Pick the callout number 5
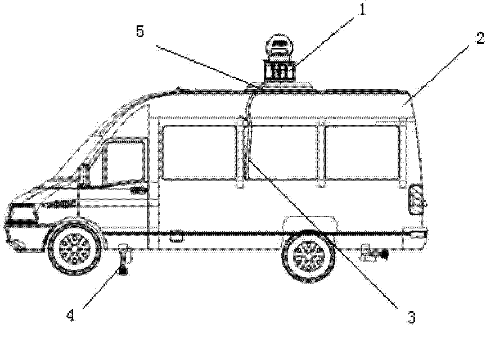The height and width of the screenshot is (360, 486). tap(139, 31)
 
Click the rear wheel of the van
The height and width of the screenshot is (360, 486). tap(308, 255)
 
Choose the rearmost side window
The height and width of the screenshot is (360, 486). tap(362, 152)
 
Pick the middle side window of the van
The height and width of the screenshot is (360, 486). tap(282, 152)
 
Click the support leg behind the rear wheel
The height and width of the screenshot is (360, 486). tap(375, 254)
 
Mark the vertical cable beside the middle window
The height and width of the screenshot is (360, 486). tap(247, 141)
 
